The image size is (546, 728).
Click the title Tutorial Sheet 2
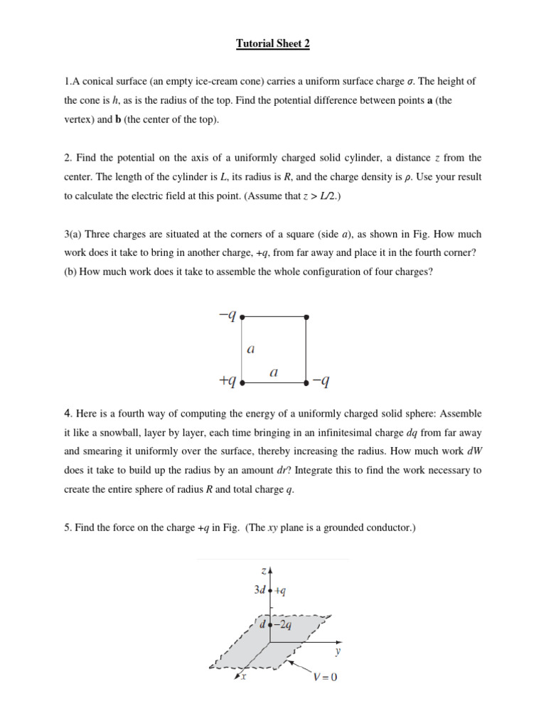(x=273, y=44)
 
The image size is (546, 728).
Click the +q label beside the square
(x=227, y=382)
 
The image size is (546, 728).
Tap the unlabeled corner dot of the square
(x=306, y=316)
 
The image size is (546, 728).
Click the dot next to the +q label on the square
(x=242, y=382)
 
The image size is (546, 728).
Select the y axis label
(x=337, y=651)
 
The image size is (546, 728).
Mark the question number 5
(x=67, y=528)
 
